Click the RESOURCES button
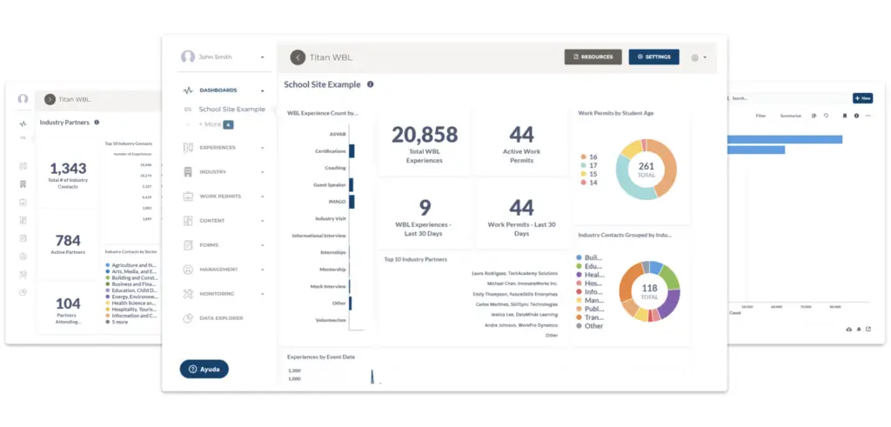tap(593, 57)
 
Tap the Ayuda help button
tap(204, 369)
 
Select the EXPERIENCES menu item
tap(218, 148)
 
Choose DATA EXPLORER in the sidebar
tap(221, 318)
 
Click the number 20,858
tap(424, 134)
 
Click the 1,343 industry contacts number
tap(68, 169)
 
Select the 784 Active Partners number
tap(68, 241)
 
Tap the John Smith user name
tap(216, 57)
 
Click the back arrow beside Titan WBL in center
tap(298, 57)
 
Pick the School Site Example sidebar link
tap(231, 109)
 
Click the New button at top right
tap(862, 98)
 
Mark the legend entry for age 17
tap(591, 164)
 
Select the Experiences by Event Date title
tap(321, 357)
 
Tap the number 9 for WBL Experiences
tap(425, 208)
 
